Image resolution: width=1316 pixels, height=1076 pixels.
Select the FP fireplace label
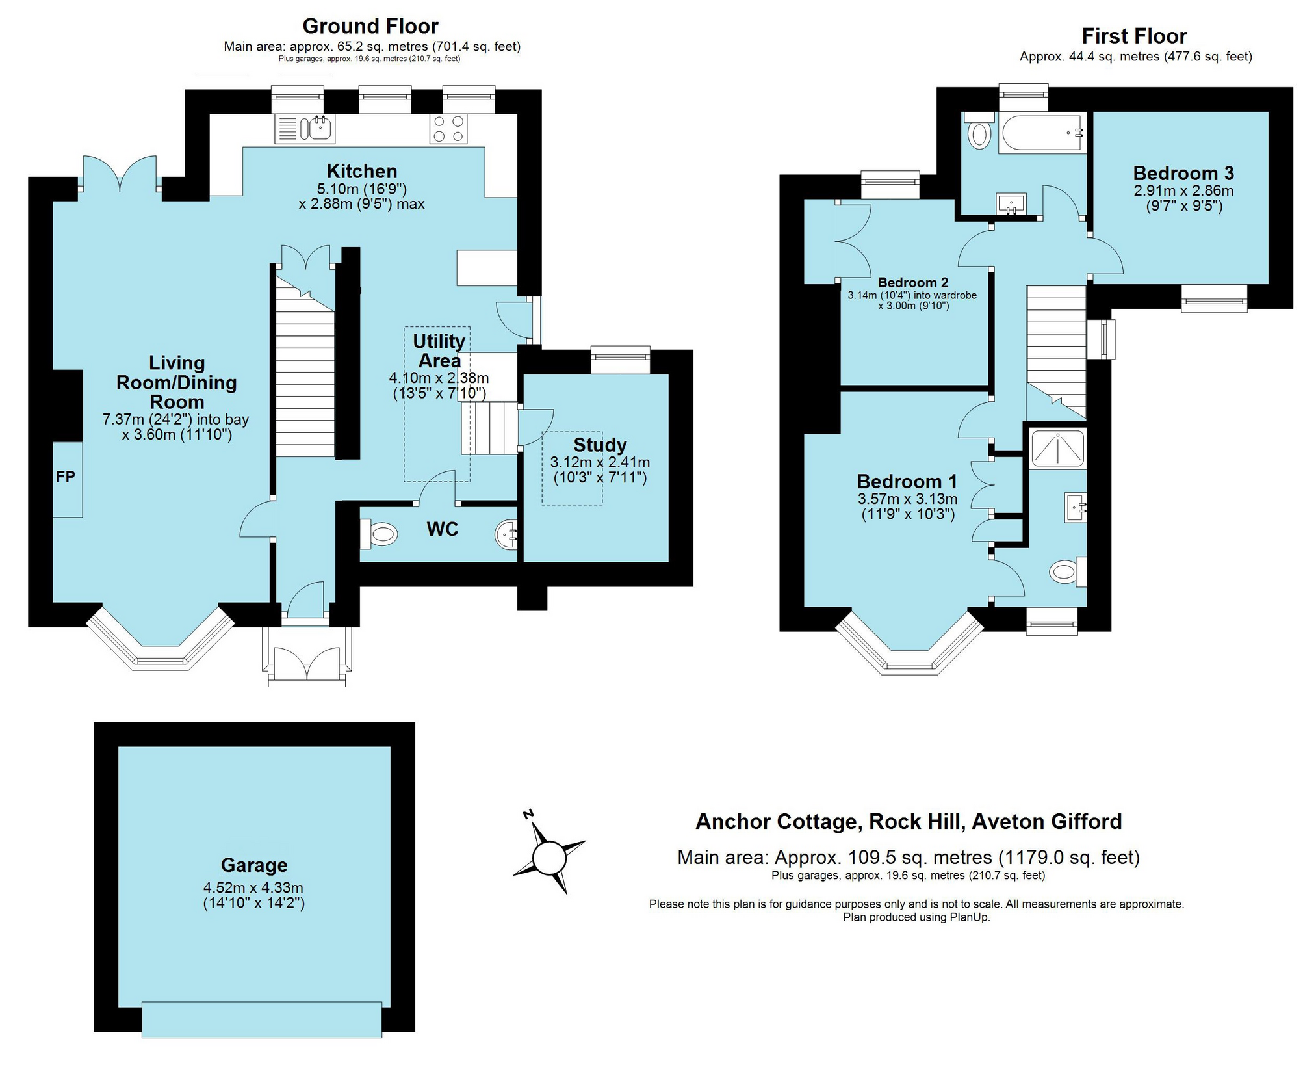(66, 477)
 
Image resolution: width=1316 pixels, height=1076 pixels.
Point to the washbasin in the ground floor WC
(507, 534)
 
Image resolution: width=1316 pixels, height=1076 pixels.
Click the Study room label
(599, 445)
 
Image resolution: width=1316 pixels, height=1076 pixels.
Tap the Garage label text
(253, 865)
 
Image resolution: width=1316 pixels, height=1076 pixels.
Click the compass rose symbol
(549, 858)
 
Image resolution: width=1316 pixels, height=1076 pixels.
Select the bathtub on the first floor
(1041, 134)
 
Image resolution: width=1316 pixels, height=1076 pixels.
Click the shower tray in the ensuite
(1057, 449)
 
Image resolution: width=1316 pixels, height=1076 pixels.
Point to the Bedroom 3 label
(1183, 173)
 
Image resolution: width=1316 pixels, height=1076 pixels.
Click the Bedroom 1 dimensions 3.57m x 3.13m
(907, 499)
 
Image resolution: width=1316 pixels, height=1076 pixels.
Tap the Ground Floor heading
(370, 26)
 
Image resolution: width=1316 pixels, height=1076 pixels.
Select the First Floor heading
(1134, 36)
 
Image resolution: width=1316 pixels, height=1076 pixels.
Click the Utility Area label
(439, 351)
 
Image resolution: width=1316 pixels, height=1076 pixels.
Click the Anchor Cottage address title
(909, 822)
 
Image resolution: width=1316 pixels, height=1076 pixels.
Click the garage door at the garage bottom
(262, 1019)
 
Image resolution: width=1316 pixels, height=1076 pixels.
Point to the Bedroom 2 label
(912, 283)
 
